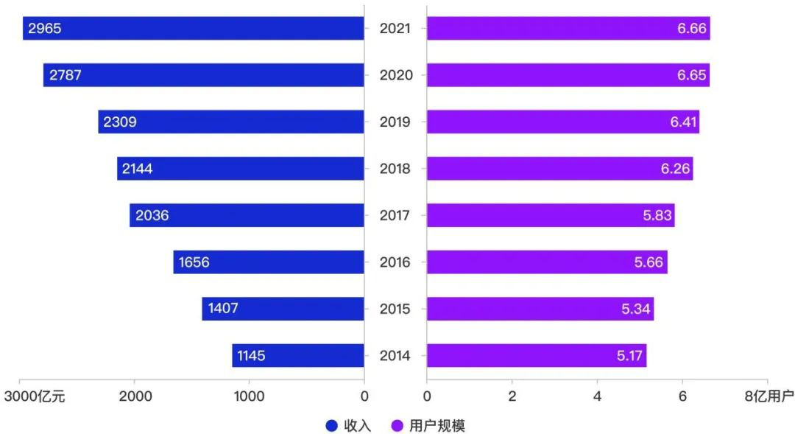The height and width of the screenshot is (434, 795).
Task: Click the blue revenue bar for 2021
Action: pyautogui.click(x=193, y=29)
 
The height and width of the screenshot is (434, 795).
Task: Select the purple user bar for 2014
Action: pyautogui.click(x=536, y=356)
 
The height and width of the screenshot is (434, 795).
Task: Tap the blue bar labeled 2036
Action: pyautogui.click(x=247, y=215)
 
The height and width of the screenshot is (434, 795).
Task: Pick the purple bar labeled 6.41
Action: pyautogui.click(x=562, y=122)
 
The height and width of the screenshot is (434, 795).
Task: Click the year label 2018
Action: pyautogui.click(x=395, y=169)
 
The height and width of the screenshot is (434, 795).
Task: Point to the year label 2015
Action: pyautogui.click(x=395, y=309)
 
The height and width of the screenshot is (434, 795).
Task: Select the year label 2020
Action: pyautogui.click(x=395, y=75)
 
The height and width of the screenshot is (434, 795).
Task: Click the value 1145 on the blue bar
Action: pyautogui.click(x=251, y=356)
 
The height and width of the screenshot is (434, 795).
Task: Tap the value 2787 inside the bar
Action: pyautogui.click(x=66, y=75)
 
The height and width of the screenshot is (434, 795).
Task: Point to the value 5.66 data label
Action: pyautogui.click(x=648, y=262)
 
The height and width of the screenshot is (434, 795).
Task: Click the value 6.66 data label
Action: pyautogui.click(x=692, y=29)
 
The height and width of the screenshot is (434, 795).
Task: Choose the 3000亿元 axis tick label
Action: pyautogui.click(x=35, y=396)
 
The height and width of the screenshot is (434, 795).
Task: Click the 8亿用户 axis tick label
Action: pyautogui.click(x=768, y=396)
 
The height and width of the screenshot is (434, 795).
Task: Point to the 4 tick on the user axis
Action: pyautogui.click(x=597, y=396)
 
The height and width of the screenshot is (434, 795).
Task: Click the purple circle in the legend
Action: pyautogui.click(x=397, y=425)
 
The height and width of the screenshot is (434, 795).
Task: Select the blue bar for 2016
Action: pyautogui.click(x=269, y=262)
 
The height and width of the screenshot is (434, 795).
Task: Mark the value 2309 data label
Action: pyautogui.click(x=120, y=122)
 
